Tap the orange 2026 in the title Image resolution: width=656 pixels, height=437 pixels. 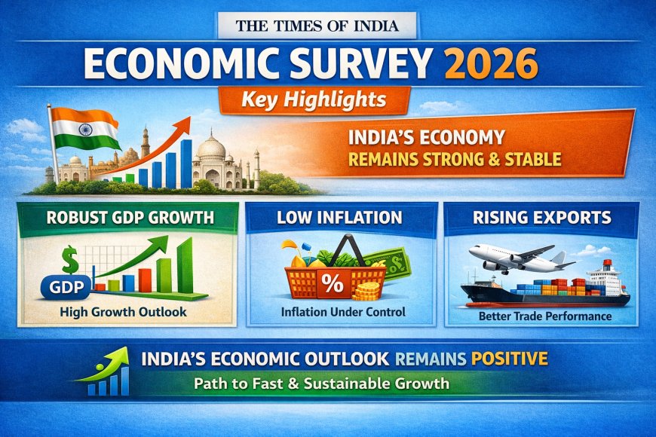pos(492,65)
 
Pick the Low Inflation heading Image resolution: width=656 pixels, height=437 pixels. pos(342,218)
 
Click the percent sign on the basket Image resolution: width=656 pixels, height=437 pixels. pos(333,286)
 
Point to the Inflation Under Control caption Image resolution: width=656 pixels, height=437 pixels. pos(342,312)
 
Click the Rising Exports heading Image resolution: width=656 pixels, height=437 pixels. pos(542,218)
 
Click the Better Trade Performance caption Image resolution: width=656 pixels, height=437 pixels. pos(544,316)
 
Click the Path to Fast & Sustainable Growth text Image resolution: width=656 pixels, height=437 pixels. pos(321,383)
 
